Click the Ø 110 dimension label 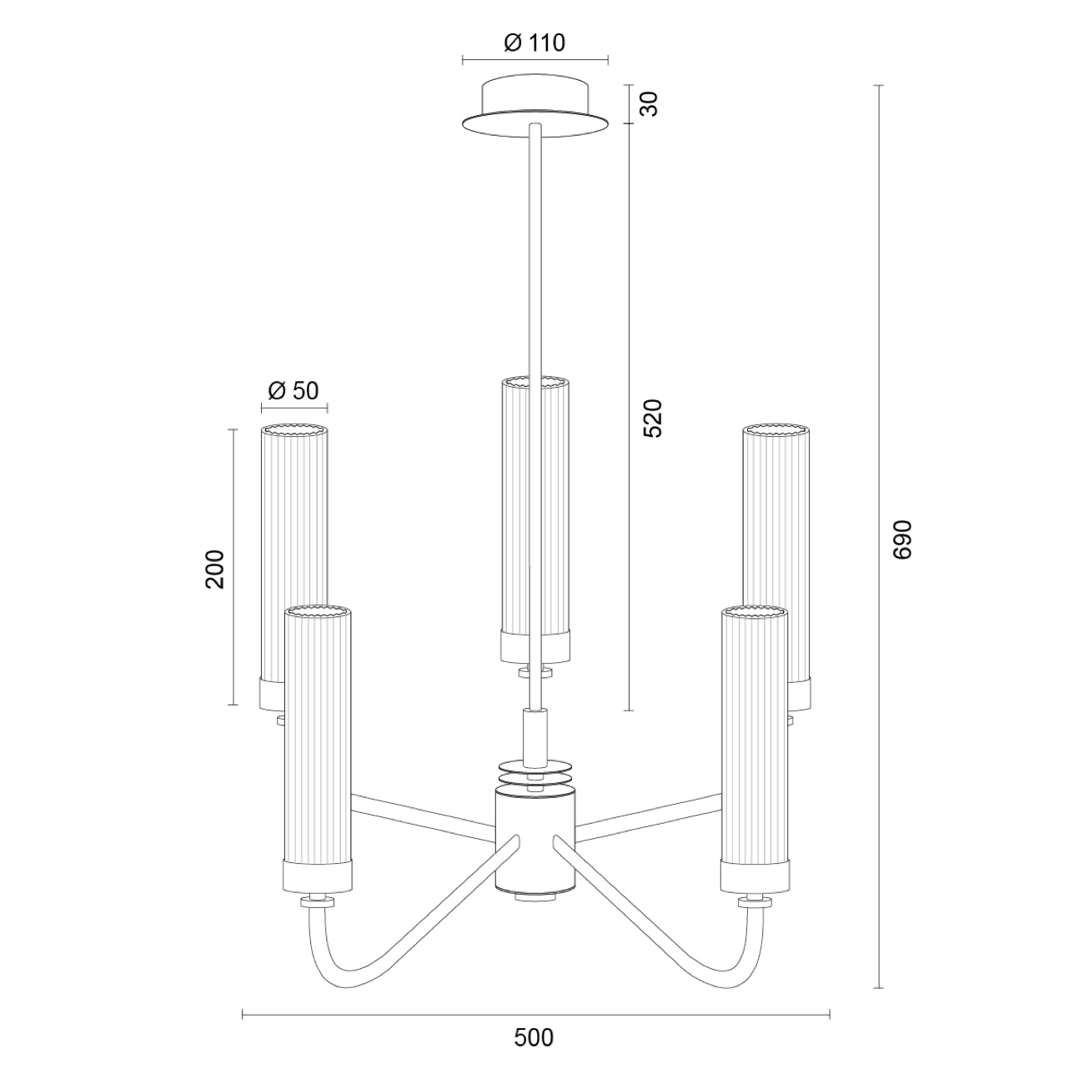tap(534, 43)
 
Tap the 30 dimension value tap(650, 104)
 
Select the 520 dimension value tap(653, 419)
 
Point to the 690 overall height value tap(901, 539)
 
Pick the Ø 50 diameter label tap(293, 391)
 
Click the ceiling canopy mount tap(535, 107)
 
